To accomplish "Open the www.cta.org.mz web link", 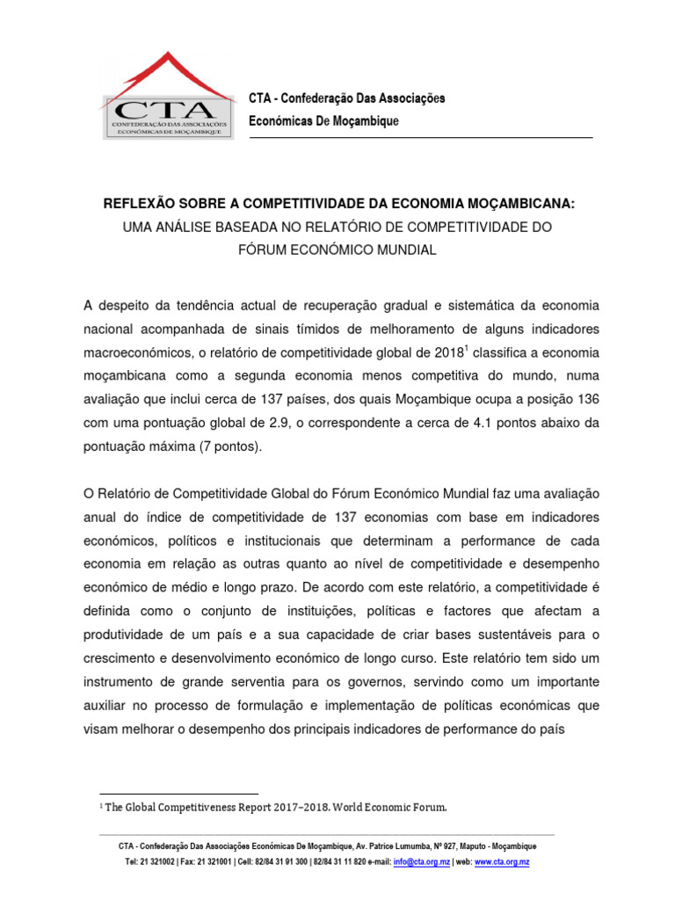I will (x=502, y=862).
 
